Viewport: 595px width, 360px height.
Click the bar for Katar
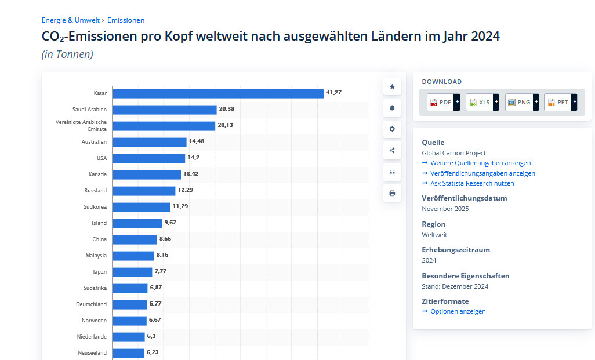[x=217, y=93]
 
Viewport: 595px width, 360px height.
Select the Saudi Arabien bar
[x=164, y=110]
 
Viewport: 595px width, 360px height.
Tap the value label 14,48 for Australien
[x=197, y=141]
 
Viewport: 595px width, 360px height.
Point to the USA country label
[x=101, y=158]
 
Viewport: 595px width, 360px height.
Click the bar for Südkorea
[x=142, y=207]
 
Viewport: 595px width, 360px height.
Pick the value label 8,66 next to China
[x=165, y=239]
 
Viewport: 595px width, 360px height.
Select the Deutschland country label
[x=91, y=304]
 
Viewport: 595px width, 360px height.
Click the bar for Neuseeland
[x=128, y=353]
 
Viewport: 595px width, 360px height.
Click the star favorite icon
[x=392, y=86]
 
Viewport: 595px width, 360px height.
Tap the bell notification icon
[x=392, y=108]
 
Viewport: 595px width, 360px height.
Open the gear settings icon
[x=392, y=129]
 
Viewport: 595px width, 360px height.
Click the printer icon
[x=392, y=193]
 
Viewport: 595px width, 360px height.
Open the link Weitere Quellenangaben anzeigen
[x=480, y=163]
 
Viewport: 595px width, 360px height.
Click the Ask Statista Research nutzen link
[x=472, y=184]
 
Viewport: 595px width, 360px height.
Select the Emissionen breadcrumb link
[x=126, y=20]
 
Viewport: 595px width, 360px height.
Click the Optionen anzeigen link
[x=458, y=312]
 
